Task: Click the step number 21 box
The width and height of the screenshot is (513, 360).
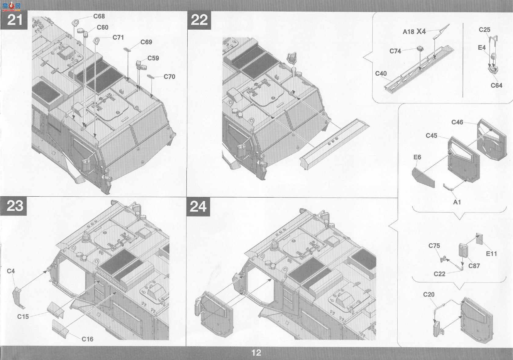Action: point(14,20)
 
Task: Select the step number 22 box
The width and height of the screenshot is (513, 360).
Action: point(199,20)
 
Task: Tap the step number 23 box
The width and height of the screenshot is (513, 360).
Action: point(13,206)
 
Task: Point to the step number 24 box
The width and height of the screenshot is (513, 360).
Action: point(198,207)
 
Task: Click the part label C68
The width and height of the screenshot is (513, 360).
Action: point(99,16)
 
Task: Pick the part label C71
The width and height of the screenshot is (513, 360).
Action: point(118,38)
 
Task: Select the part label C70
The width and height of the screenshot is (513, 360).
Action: point(169,77)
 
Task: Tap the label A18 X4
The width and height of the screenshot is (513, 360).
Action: point(414,31)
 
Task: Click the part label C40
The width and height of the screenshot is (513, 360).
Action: point(381,74)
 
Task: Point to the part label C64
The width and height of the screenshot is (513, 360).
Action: point(496,85)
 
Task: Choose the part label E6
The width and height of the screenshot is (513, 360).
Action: point(417,157)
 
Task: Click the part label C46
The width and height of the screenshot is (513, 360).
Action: point(457,122)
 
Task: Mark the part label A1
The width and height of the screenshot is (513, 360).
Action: point(457,202)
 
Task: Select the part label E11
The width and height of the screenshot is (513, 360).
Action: point(491,254)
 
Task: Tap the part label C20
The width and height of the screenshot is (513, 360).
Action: point(429,294)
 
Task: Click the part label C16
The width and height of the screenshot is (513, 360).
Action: point(88,339)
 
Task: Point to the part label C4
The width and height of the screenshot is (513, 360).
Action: point(11,271)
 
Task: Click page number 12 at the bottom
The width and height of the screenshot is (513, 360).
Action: point(256,353)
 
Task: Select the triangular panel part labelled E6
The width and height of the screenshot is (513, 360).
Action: point(423,178)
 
